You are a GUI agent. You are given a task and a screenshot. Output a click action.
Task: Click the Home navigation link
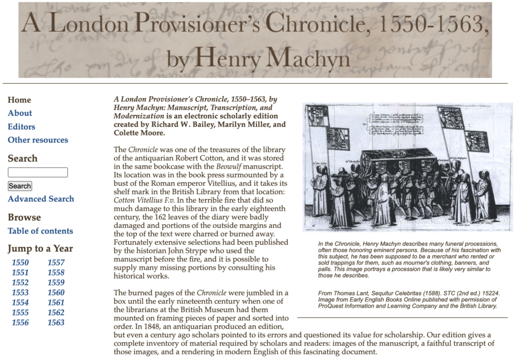point(19,100)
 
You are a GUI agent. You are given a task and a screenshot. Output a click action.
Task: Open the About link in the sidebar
point(20,113)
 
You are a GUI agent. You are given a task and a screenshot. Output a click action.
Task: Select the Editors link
point(21,127)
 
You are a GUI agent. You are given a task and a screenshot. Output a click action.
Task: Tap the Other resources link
point(38,140)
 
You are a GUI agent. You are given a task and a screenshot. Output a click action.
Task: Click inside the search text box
point(38,172)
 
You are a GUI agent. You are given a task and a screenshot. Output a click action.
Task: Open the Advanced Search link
point(41,199)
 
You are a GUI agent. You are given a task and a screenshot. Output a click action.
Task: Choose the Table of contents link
point(40,231)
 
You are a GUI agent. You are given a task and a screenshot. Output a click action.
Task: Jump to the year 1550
point(20,262)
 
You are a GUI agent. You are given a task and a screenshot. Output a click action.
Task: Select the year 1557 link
point(56,262)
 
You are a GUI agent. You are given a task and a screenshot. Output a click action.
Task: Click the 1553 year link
point(20,293)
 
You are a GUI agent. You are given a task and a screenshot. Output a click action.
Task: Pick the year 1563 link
point(56,323)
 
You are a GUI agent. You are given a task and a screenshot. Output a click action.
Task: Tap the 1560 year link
point(56,293)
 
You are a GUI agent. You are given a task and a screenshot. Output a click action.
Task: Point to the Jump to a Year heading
point(40,248)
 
